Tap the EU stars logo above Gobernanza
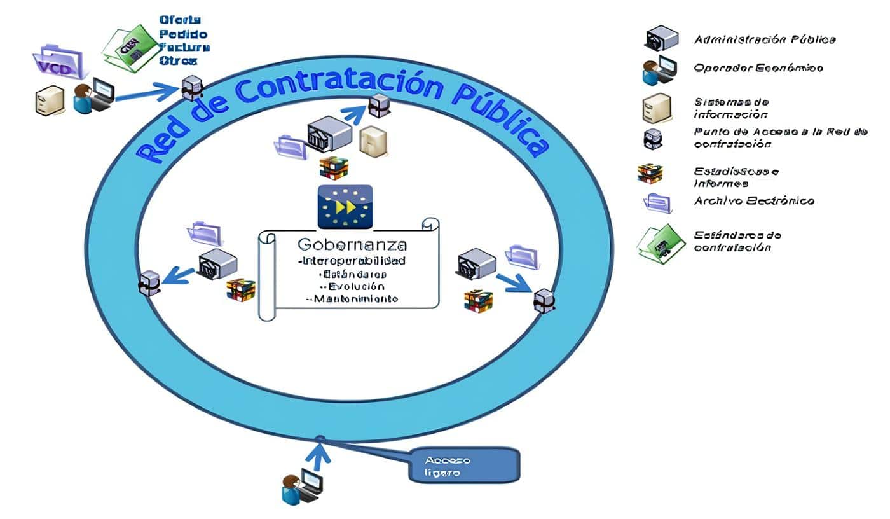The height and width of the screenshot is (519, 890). point(345,207)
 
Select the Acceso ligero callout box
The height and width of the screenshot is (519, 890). point(464,465)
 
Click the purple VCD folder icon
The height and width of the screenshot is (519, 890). point(58,62)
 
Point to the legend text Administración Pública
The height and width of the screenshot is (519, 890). point(764,39)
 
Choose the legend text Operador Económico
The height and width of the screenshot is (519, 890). point(758,67)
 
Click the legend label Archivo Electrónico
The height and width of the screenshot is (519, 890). point(754,201)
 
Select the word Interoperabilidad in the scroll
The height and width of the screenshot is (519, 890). point(352,261)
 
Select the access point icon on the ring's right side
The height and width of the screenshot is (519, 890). point(544,300)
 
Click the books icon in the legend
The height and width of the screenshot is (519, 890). point(650,173)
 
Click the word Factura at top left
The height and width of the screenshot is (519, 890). point(184,47)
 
